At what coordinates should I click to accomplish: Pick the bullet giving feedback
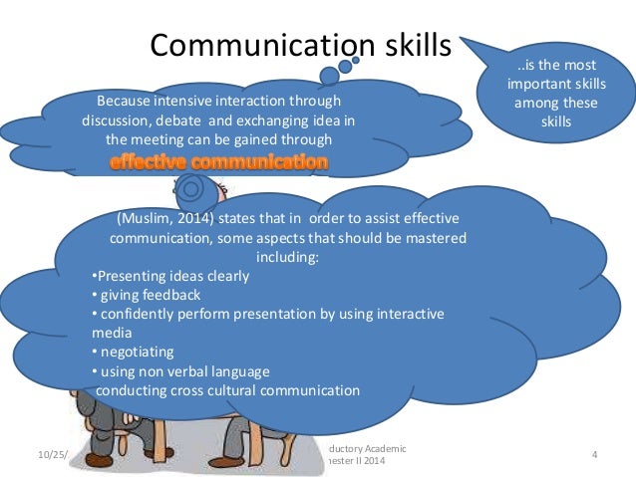(146, 295)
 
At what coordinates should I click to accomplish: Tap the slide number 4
(593, 456)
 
